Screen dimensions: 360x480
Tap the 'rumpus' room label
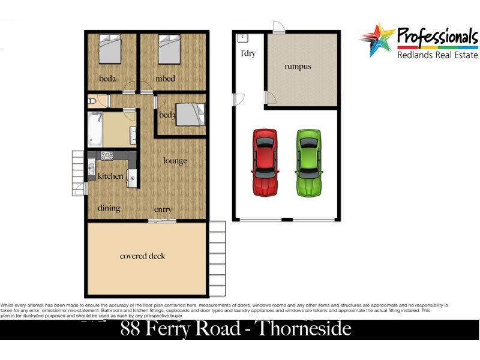[x=298, y=67]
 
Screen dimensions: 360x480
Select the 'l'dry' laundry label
[x=248, y=53]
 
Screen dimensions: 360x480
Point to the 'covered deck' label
[x=143, y=256]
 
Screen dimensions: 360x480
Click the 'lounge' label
[x=175, y=161]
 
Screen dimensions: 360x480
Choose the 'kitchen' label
[x=110, y=176]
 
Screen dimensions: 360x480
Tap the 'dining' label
[x=109, y=208]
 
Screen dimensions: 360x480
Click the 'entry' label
[x=163, y=209]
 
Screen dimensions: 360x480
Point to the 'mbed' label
[x=165, y=79]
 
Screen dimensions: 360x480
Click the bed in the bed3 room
[x=191, y=114]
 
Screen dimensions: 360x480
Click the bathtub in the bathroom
[x=95, y=128]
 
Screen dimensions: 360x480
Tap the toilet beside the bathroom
[x=97, y=101]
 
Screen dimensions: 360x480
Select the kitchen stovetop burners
[x=107, y=155]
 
